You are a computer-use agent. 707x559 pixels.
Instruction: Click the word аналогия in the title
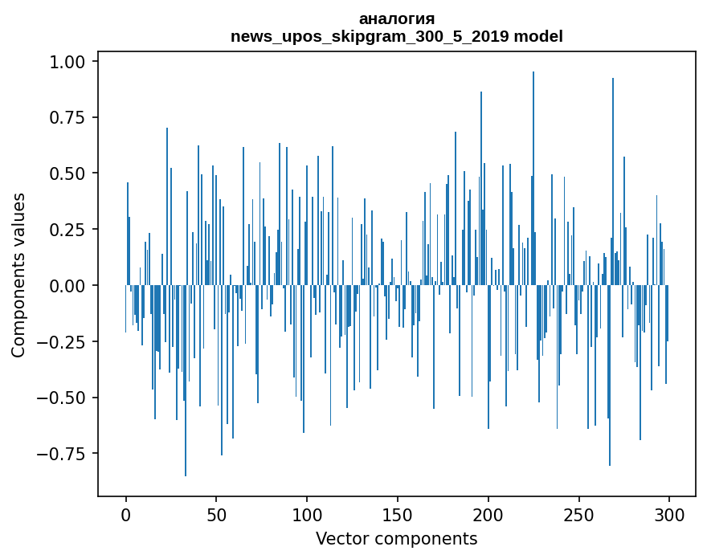(397, 18)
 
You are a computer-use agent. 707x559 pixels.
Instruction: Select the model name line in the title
(397, 37)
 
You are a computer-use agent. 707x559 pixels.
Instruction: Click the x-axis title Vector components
(397, 538)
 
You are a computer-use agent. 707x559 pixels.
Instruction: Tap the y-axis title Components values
(18, 275)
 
